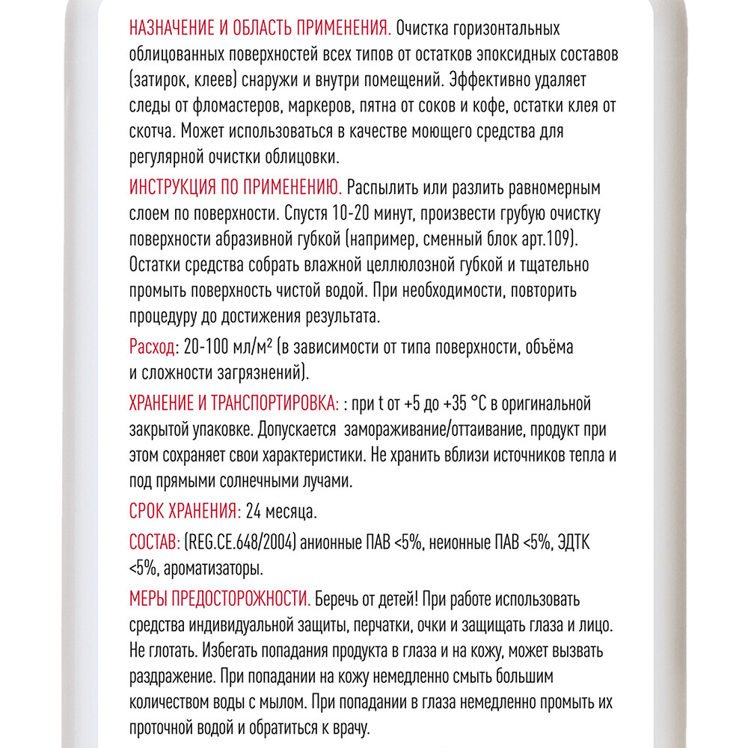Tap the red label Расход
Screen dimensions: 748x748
click(x=152, y=348)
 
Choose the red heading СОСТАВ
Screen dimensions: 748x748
click(x=154, y=541)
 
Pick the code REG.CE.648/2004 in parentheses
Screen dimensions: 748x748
click(x=242, y=541)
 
